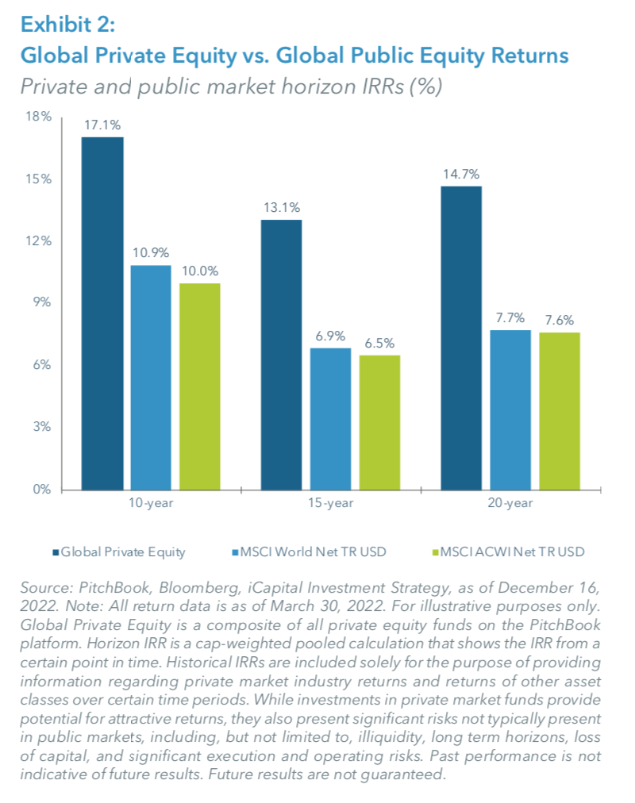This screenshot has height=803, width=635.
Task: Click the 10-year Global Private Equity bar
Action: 102,313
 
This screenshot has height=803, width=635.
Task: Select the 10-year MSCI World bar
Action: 151,377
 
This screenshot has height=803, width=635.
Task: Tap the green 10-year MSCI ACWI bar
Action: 199,386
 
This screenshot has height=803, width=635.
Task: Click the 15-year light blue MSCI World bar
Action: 330,418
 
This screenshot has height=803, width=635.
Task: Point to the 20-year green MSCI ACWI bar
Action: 559,411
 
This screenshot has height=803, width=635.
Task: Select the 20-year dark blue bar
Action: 461,338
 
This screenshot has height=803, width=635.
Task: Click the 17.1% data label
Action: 102,125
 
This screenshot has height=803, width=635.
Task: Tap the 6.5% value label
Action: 379,344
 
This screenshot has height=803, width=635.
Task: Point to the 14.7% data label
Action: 461,175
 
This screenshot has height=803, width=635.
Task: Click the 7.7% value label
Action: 510,318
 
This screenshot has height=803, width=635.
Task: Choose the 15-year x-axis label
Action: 330,503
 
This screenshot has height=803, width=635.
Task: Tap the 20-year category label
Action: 510,503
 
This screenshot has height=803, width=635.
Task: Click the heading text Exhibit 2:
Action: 68,25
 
